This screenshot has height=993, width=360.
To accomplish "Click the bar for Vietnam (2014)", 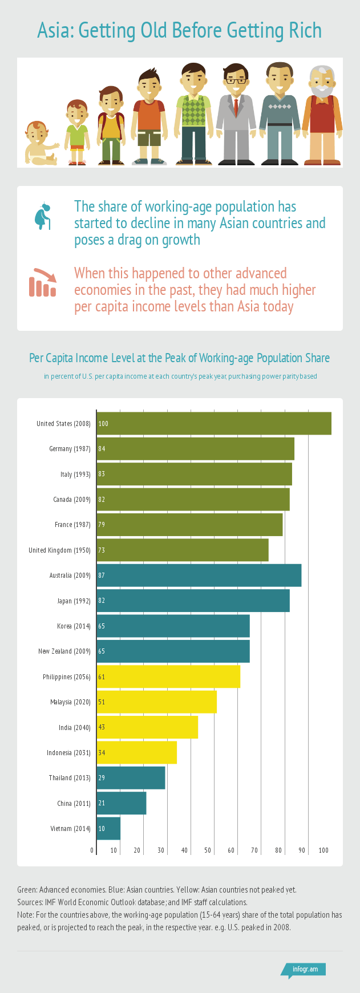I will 108,828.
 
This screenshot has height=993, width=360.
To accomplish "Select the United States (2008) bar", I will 214,423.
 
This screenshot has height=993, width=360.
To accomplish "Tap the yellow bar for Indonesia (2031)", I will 137,752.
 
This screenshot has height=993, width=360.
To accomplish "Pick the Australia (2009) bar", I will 199,575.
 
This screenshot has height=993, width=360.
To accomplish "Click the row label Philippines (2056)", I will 66,676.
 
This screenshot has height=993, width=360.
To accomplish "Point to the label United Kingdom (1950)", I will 59,550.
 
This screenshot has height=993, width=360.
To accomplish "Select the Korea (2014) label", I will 74,626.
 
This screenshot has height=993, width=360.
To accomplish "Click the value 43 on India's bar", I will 102,727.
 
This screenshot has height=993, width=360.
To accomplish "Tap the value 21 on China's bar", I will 102,803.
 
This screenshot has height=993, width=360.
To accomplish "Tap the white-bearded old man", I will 322,117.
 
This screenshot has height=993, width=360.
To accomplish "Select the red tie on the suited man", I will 236,106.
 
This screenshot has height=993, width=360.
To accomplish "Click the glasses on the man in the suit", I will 236,80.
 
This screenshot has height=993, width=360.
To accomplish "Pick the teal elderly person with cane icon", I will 43,216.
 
